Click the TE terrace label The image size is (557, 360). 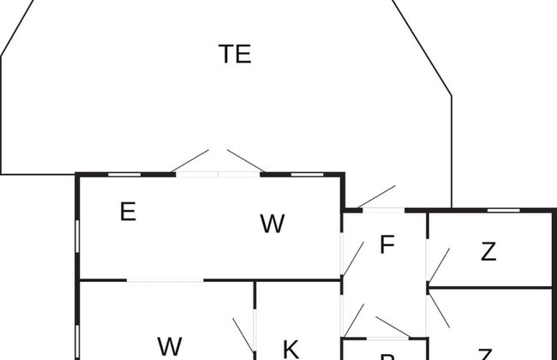pos(235,54)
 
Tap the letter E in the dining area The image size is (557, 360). pos(128,212)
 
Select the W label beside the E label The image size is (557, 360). pos(272,224)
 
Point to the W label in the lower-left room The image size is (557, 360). pos(170,346)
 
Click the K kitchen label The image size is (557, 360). pos(290,349)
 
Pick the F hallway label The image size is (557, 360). pos(386,245)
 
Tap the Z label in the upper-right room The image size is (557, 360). pos(488,252)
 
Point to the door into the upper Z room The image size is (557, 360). pos(438,266)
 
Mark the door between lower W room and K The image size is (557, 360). pos(243,335)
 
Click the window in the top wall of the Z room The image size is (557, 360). pos(509,210)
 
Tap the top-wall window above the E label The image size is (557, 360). pos(124,174)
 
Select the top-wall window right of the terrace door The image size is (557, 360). pos(308,174)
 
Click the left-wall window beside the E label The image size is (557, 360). pos(77,237)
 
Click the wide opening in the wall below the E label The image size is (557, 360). pos(165,280)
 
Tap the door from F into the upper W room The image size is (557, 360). pos(352,258)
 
